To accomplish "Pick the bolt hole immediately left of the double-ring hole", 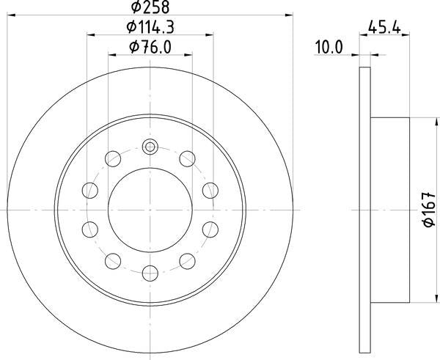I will point(113,158).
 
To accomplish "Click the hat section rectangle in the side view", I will point(390,210).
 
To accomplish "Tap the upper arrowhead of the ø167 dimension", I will point(429,122).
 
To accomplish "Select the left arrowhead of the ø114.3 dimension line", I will point(91,34).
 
